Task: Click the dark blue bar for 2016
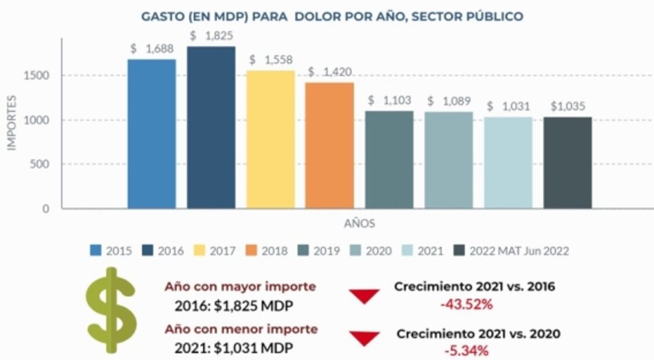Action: click(x=211, y=128)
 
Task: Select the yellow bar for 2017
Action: click(x=270, y=139)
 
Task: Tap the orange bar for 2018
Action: click(x=330, y=145)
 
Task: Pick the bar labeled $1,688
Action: click(x=151, y=134)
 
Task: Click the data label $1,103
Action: click(x=390, y=101)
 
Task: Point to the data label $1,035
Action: click(x=568, y=107)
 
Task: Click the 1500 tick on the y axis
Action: click(x=38, y=75)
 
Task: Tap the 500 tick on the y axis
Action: click(x=41, y=164)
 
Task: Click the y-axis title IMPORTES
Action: click(x=12, y=123)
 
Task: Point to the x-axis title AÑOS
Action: click(x=359, y=224)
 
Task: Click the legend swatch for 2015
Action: click(x=96, y=251)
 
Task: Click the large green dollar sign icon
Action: click(x=111, y=310)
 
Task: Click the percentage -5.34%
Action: click(x=466, y=351)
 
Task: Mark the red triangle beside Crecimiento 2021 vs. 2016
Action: click(x=365, y=296)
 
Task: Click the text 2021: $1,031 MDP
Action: click(x=233, y=348)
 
